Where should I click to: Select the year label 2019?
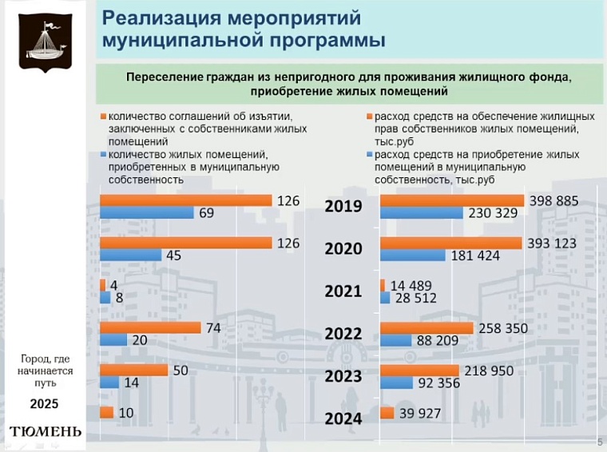[343, 206]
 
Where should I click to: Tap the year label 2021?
[343, 291]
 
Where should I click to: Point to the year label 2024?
[343, 418]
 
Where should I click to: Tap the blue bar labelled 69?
[146, 213]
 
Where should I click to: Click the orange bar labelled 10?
[105, 413]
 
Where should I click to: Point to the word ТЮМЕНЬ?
[45, 432]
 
